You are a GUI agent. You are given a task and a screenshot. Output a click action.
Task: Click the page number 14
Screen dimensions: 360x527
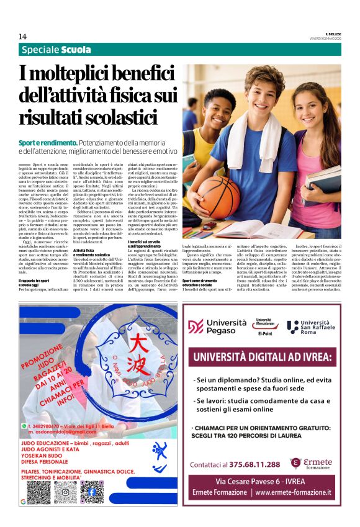[x=22, y=36]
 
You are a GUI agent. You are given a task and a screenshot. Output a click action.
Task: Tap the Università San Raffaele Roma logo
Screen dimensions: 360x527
[x=313, y=327]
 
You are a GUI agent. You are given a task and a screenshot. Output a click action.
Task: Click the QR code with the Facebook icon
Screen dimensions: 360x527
[x=92, y=492]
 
